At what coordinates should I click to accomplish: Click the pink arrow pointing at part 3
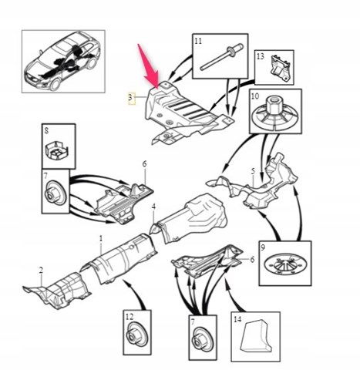pos(149,67)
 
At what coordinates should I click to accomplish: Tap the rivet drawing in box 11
pos(221,57)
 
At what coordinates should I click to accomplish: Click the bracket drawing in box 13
pos(280,68)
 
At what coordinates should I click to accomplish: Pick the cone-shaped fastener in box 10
pos(275,113)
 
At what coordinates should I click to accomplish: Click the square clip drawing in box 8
pos(57,150)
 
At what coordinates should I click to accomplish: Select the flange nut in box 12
pos(137,335)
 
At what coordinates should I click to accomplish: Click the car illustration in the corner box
pos(63,62)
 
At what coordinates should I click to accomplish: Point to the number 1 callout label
pos(101,238)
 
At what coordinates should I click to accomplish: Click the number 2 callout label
pos(41,270)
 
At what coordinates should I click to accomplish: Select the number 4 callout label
pos(153,207)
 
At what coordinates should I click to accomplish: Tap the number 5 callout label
pos(253,171)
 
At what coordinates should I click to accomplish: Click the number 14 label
pos(237,319)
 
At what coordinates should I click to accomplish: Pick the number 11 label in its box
pos(198,41)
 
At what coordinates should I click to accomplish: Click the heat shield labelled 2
pos(58,291)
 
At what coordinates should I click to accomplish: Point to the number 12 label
pos(130,317)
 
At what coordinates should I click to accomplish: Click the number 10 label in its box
pos(255,96)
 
